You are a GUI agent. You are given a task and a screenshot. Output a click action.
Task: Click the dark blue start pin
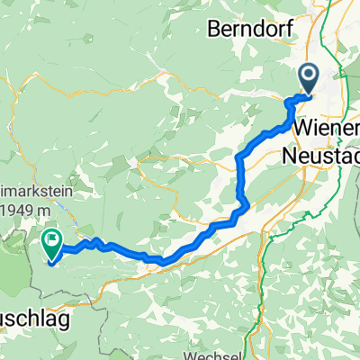tap(307, 78)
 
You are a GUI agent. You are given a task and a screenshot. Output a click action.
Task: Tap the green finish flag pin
tap(51, 240)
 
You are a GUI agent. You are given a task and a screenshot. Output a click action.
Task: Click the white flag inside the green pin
tap(51, 238)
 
